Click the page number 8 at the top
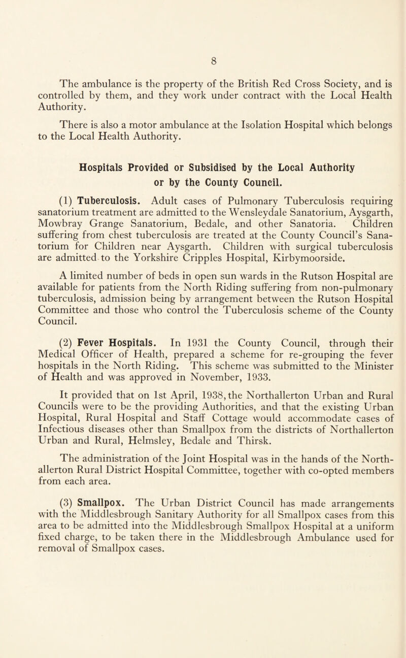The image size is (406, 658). coord(203,51)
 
